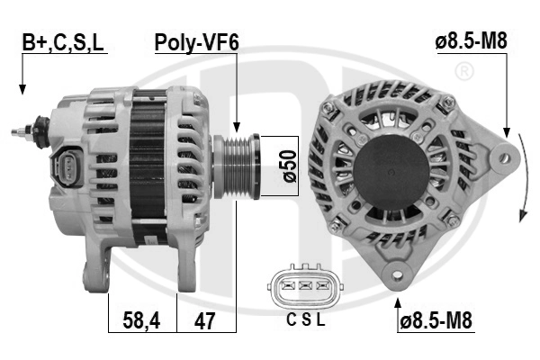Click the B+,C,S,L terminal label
click(x=63, y=43)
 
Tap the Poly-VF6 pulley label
click(x=196, y=43)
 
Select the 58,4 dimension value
click(x=141, y=320)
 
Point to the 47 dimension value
click(x=204, y=320)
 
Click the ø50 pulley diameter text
click(x=289, y=166)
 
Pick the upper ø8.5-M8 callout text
click(x=471, y=41)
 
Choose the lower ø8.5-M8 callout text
click(x=436, y=320)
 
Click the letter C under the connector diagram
click(x=292, y=320)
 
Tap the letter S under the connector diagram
click(x=306, y=320)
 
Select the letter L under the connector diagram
click(x=320, y=320)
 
